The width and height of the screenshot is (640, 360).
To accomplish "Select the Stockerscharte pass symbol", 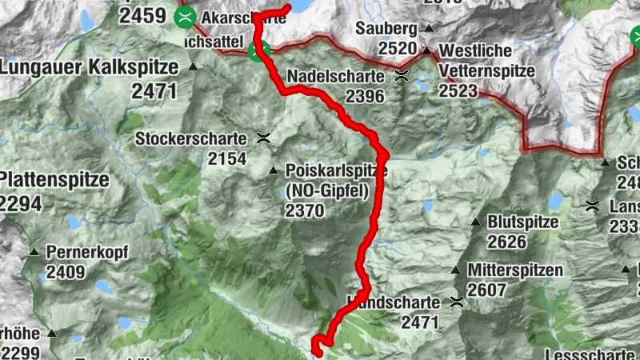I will pos(263,138).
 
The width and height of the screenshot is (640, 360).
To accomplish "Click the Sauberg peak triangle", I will pos(429,29).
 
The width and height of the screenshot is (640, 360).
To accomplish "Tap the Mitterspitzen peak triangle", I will pos(455,270).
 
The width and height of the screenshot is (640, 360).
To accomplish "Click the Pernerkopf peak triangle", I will pos(34,253).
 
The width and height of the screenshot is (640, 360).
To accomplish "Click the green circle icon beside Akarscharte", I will pos(186,16).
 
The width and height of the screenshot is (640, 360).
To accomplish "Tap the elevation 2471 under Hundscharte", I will pos(420,322).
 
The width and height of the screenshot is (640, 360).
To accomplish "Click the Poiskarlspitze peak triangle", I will pos(274,170).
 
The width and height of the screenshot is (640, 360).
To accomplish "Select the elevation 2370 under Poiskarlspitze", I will pos(304,210).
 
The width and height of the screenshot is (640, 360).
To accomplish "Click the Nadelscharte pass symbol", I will pos(401,77).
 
